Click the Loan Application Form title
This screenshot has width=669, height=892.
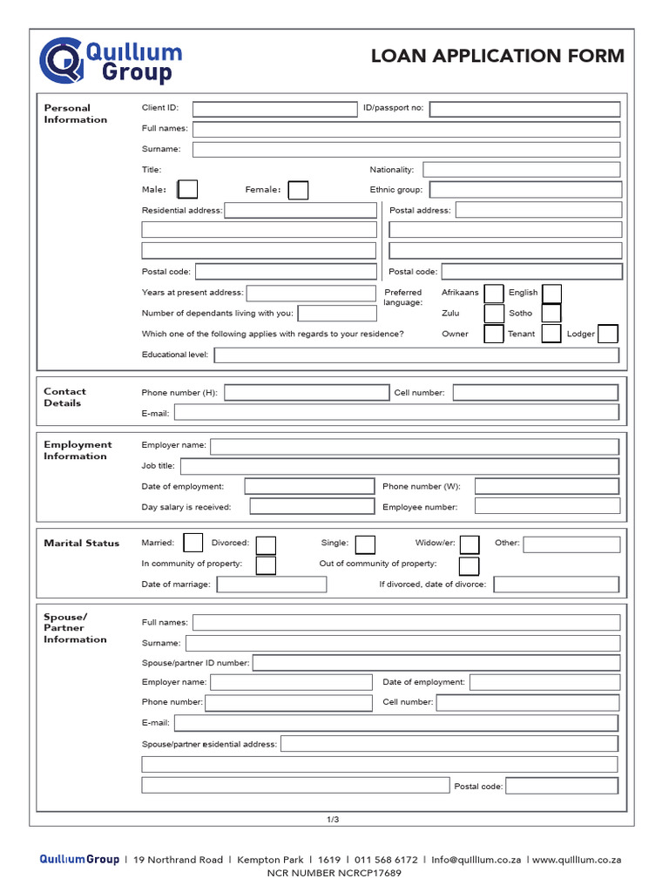(497, 57)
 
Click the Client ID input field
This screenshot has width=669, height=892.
(275, 109)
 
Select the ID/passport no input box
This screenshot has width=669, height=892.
(524, 109)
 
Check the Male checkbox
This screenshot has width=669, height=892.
(187, 190)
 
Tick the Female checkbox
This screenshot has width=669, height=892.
(298, 190)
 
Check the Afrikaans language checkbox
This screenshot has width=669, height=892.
(494, 294)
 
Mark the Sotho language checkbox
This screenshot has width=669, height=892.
(551, 314)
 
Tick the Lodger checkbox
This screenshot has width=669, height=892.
(608, 334)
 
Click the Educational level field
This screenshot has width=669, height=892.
(416, 355)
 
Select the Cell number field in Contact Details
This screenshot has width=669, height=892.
(536, 393)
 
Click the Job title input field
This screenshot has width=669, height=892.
(400, 466)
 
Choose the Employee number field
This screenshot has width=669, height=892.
(547, 506)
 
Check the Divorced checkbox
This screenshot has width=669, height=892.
(266, 544)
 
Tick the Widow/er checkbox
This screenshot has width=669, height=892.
(470, 544)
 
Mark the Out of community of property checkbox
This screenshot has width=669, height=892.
(469, 565)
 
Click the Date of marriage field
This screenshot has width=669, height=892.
(272, 585)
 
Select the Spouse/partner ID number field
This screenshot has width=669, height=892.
(436, 663)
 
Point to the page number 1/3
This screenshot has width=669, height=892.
(333, 819)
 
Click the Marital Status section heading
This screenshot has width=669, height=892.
(82, 543)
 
